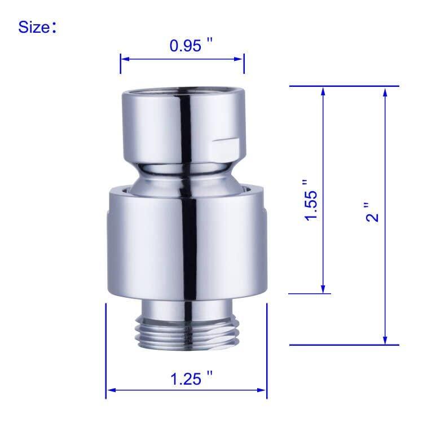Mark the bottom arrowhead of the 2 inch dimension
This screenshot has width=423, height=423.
pyautogui.click(x=385, y=340)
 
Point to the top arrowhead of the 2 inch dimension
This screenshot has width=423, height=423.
pyautogui.click(x=385, y=91)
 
